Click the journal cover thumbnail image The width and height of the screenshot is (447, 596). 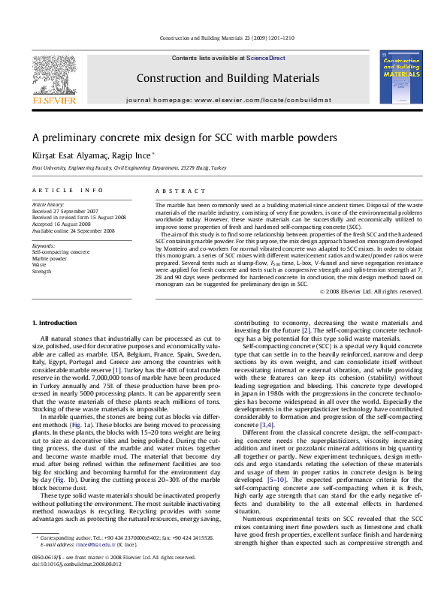point(400,77)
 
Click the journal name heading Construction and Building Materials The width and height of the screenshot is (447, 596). point(222,78)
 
